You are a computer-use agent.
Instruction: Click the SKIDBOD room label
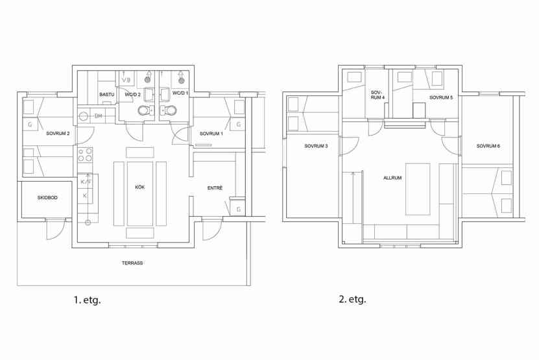coord(47,198)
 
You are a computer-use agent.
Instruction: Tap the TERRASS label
coord(132,263)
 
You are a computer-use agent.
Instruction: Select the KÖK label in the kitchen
coord(140,187)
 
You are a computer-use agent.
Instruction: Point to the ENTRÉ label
coord(215,188)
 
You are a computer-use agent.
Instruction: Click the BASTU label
coord(106,95)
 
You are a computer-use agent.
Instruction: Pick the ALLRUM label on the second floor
coord(392,178)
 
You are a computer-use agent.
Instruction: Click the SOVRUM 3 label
coord(316,146)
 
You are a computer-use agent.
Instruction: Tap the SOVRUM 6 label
coord(488,146)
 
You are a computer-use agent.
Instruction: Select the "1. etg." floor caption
coord(88,300)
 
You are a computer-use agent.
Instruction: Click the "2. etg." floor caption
coord(353,299)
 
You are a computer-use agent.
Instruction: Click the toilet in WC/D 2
coord(144,110)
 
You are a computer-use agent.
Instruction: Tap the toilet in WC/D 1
coord(170,110)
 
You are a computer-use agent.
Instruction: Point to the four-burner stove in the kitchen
coord(85,155)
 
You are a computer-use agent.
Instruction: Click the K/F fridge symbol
coord(86,182)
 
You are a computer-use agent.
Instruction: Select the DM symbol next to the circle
coord(99,116)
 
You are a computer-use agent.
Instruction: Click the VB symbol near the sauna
coord(126,80)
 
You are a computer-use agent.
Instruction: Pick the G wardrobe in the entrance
coord(239,209)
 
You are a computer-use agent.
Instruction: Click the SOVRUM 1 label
coord(211,134)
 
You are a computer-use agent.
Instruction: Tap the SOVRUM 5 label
coord(441,98)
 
